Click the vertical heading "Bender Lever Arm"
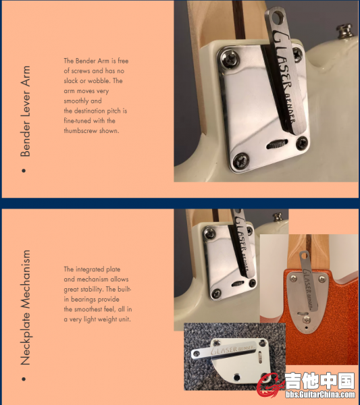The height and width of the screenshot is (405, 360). coord(25,111)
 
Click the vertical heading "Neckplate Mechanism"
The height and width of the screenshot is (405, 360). coord(25,307)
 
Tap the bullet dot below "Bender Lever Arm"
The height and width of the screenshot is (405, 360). coord(24,171)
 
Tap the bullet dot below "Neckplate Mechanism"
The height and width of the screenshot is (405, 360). coord(24,379)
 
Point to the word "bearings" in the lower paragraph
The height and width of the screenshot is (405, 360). coord(84,300)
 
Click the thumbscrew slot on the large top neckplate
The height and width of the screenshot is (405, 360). coord(277,144)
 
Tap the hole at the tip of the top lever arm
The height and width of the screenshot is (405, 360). coord(277,18)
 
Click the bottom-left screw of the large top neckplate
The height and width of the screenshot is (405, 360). coord(241,161)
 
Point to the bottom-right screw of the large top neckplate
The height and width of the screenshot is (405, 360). coord(302,143)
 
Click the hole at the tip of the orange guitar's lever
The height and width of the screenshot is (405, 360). coord(305,256)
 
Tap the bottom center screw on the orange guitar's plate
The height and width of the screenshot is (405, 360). coord(307,320)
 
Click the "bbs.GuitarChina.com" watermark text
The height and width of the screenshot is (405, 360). coord(320,394)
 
